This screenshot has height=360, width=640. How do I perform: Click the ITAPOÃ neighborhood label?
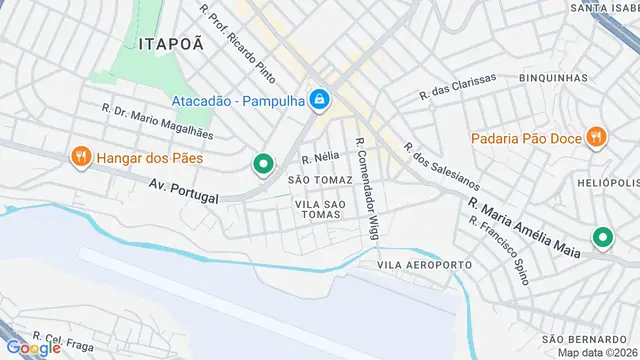pyautogui.click(x=172, y=43)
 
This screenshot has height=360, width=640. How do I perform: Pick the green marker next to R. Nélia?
pyautogui.click(x=263, y=164)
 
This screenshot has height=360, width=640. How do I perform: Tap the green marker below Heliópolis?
pyautogui.click(x=602, y=238)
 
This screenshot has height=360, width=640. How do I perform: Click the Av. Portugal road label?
pyautogui.click(x=183, y=191)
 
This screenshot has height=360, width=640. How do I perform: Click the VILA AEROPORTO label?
pyautogui.click(x=424, y=264)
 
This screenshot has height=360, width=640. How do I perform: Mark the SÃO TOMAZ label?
pyautogui.click(x=320, y=180)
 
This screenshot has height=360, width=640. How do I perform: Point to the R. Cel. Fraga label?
pyautogui.click(x=62, y=338)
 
